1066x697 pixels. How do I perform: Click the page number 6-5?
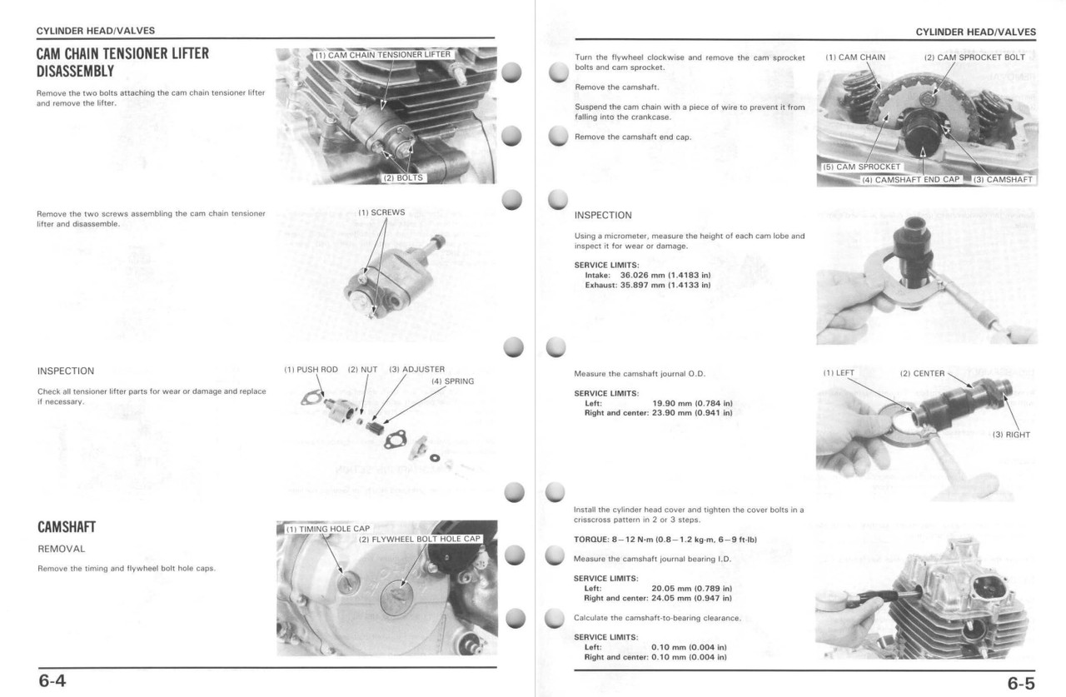[x=1021, y=683]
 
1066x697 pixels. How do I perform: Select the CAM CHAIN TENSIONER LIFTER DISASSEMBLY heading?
[x=122, y=62]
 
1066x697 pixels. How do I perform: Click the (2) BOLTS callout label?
[x=403, y=177]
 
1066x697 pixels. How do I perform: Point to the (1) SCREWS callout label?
[x=381, y=212]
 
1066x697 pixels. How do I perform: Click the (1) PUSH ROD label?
[x=311, y=369]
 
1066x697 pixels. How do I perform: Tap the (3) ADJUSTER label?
[x=416, y=369]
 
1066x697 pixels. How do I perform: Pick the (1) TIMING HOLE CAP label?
[x=327, y=529]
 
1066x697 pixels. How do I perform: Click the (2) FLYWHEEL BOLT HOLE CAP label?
[x=420, y=539]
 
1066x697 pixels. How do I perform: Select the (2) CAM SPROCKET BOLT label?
[x=974, y=57]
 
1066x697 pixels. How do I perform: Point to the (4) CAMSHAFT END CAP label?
[x=910, y=179]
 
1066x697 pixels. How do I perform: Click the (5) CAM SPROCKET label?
[x=861, y=167]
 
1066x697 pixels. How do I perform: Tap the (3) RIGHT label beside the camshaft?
[x=1011, y=435]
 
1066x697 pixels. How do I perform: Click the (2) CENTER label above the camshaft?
[x=922, y=373]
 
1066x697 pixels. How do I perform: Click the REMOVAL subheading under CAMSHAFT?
[x=61, y=549]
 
